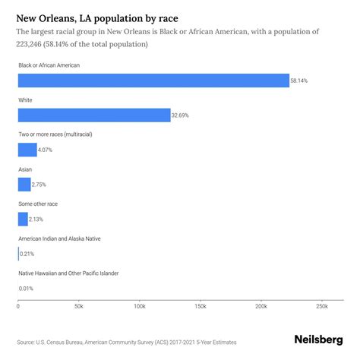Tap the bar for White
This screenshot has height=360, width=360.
(94, 115)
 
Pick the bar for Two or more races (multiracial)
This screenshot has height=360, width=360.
(27, 150)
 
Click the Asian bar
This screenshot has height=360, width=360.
(24, 185)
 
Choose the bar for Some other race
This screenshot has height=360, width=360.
(23, 219)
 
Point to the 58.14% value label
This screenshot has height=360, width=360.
(301, 81)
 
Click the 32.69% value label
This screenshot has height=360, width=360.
(182, 115)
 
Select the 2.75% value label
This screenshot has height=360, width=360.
(41, 185)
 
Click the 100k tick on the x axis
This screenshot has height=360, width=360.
(139, 306)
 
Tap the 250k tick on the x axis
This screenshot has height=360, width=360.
(321, 306)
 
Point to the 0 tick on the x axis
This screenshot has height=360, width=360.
(18, 306)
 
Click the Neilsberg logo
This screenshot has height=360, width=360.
(318, 340)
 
